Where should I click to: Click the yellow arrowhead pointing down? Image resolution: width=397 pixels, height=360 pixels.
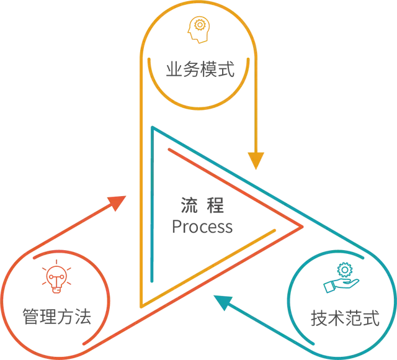pyautogui.click(x=256, y=161)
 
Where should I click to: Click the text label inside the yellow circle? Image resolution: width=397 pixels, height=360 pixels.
pyautogui.click(x=200, y=70)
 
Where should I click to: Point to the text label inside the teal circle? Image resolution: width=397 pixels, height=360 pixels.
pyautogui.click(x=344, y=319)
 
